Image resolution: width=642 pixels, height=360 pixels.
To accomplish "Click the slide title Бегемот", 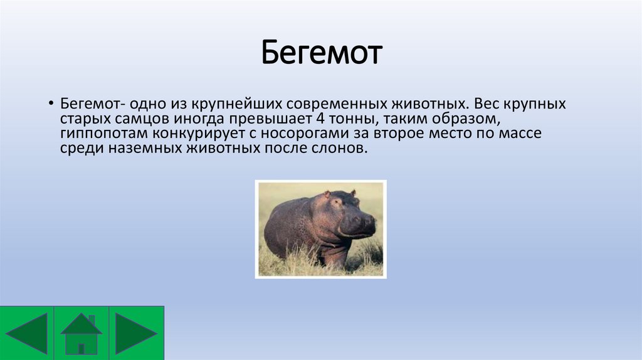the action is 322,52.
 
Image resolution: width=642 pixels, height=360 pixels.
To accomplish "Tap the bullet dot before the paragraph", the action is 51,103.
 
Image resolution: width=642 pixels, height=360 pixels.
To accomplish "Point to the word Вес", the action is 486,103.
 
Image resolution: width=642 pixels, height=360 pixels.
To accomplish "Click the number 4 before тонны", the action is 320,119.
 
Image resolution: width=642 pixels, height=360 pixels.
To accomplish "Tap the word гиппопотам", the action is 104,134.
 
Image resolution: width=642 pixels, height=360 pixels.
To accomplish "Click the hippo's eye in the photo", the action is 337,202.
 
